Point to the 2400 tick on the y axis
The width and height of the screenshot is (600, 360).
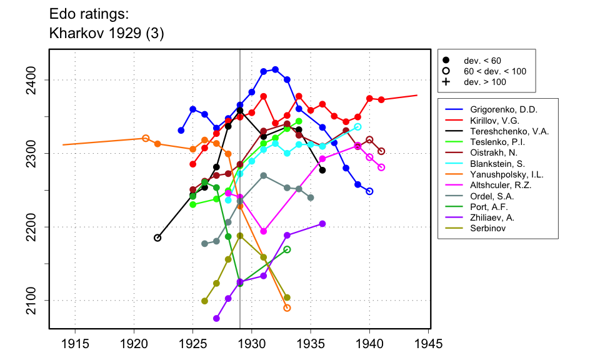tap(38, 80)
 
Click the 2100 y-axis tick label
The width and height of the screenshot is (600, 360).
tap(38, 300)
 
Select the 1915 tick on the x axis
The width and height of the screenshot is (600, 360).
tap(75, 344)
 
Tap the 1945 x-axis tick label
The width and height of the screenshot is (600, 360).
tap(428, 344)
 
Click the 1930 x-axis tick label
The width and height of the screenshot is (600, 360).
tap(252, 344)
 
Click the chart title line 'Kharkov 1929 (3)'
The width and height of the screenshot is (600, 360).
tap(106, 34)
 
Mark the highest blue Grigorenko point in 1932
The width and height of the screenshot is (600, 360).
tap(276, 69)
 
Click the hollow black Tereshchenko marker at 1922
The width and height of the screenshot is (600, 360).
tap(157, 237)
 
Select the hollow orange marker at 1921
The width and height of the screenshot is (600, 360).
tap(146, 138)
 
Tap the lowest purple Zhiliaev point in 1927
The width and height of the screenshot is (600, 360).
tap(216, 318)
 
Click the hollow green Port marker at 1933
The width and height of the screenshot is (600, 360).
tap(287, 249)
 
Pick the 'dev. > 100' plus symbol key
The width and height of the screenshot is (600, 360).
tap(446, 82)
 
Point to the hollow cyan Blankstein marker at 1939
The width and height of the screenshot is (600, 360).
tap(357, 127)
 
